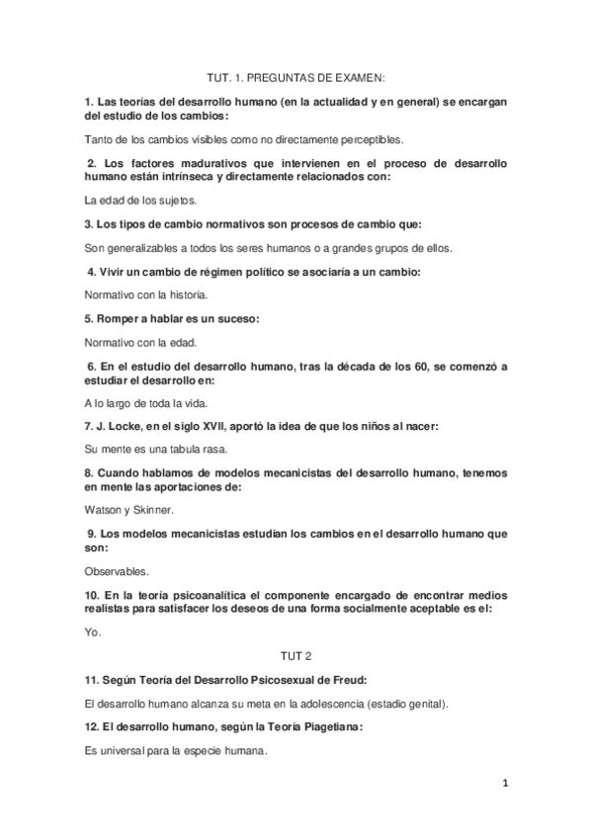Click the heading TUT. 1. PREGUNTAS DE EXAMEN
pos(296,76)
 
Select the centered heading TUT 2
pos(296,655)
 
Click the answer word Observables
pos(118,570)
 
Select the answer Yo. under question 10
pos(94,631)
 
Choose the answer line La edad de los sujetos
pos(142,200)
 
